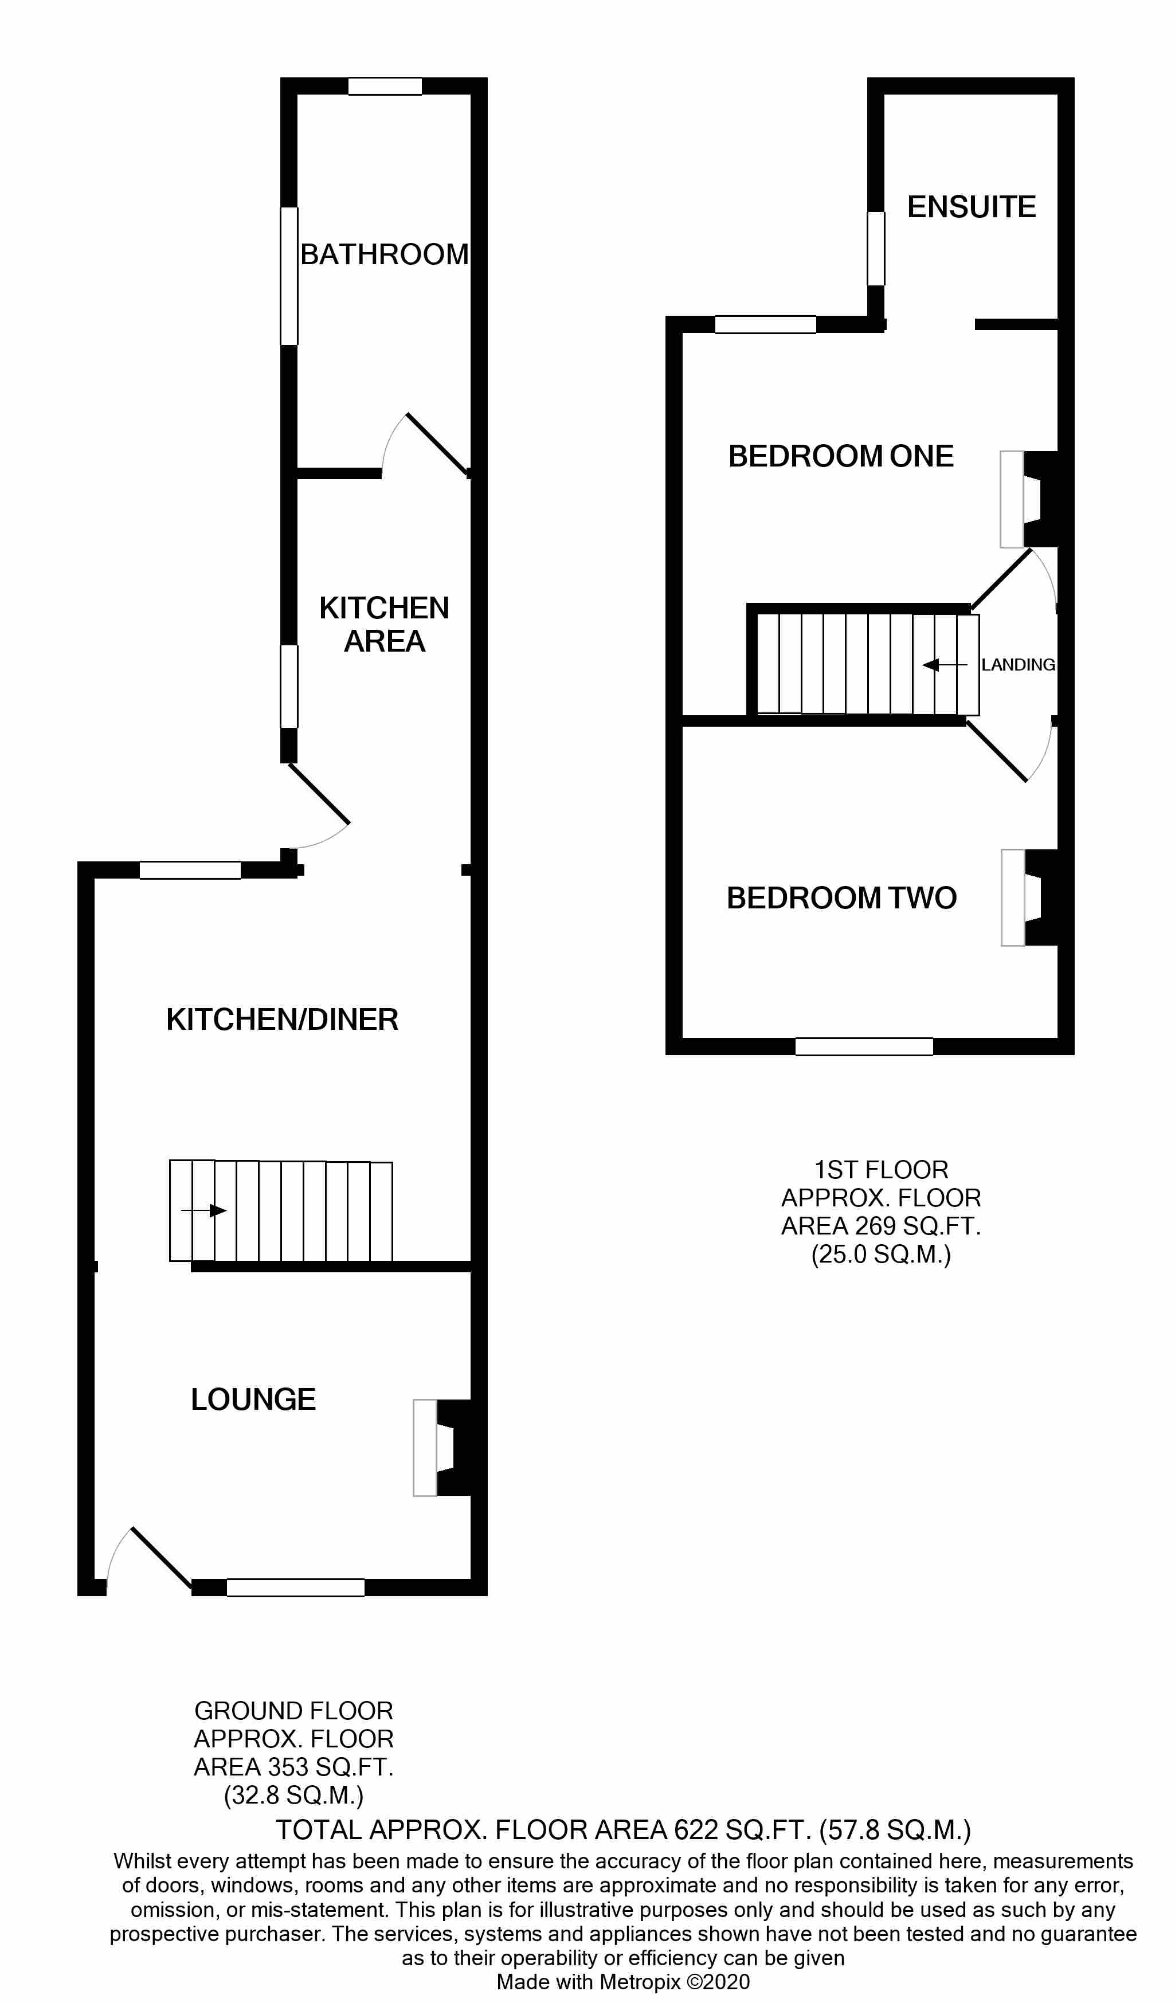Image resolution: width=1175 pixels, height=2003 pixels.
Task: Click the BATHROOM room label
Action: tap(384, 254)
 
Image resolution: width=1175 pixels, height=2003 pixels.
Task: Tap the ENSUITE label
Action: tap(972, 207)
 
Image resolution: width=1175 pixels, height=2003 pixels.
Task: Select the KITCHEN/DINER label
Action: tap(282, 1019)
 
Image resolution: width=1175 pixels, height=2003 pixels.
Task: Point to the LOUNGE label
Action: tap(253, 1399)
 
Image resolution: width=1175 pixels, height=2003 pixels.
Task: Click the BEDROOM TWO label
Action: tap(841, 897)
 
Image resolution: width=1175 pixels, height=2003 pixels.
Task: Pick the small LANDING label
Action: tap(1017, 664)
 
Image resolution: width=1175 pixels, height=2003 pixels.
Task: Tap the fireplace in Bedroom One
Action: tap(1029, 499)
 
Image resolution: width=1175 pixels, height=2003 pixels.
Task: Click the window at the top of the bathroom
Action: tap(385, 86)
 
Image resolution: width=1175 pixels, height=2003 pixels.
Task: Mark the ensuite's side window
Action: tap(875, 248)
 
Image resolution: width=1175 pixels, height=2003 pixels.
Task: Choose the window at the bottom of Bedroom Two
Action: tap(864, 1046)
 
